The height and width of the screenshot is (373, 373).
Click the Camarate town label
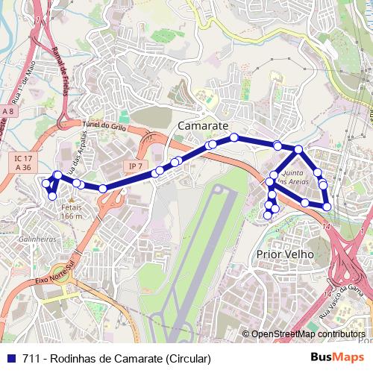[203, 126]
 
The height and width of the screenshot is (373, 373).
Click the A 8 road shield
[8, 111]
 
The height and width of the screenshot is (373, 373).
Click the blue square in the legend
[9, 358]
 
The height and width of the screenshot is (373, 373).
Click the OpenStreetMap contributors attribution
[308, 334]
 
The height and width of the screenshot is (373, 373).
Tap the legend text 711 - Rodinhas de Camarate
[116, 358]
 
